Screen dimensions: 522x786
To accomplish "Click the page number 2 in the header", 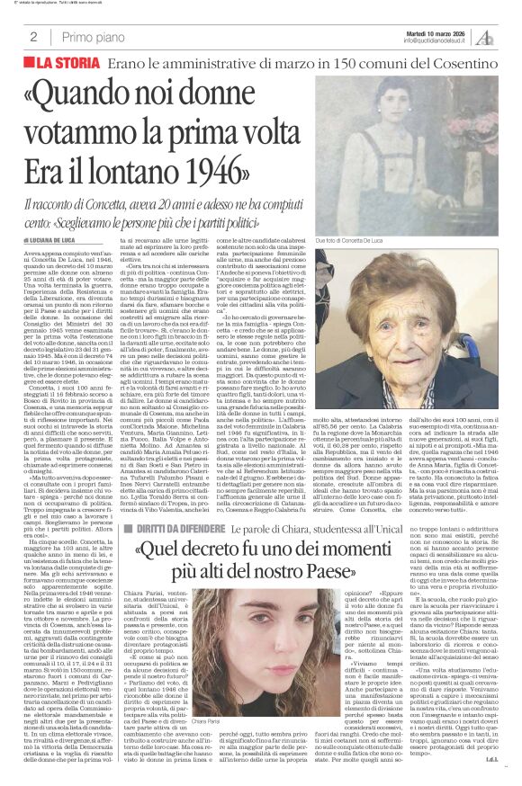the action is [33, 37].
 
